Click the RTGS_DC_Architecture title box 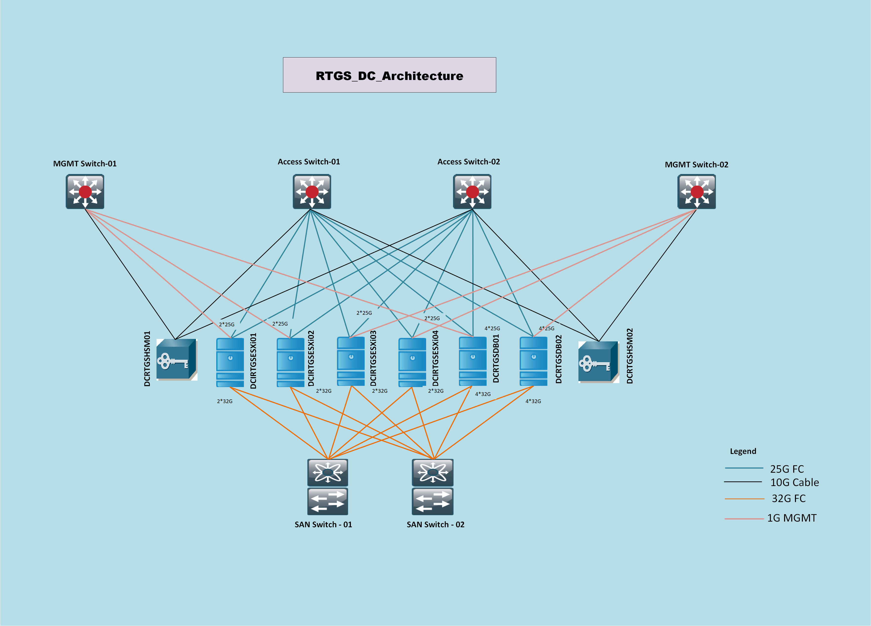coord(389,75)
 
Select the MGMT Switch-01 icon coord(85,192)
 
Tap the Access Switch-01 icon coord(312,192)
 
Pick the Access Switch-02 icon coord(472,192)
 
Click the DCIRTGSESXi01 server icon coord(230,362)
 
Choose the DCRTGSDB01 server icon coord(473,361)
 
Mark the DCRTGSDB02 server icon coord(534,361)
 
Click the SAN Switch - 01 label coord(323,525)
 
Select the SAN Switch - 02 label coord(435,525)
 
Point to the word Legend coord(743,451)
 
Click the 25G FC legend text coord(787,469)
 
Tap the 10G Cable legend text coord(794,482)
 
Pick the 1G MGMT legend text coord(792,518)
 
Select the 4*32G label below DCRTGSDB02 coord(533,401)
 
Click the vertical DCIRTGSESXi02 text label coord(311,358)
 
